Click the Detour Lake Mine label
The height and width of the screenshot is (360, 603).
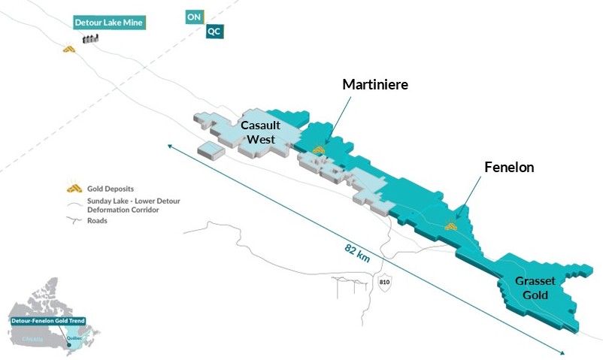pyautogui.click(x=109, y=23)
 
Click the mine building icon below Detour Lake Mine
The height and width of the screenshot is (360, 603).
pyautogui.click(x=91, y=39)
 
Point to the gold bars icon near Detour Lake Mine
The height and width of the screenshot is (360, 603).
pyautogui.click(x=69, y=50)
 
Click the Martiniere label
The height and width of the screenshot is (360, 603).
pyautogui.click(x=375, y=85)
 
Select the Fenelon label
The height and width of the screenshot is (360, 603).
pyautogui.click(x=509, y=168)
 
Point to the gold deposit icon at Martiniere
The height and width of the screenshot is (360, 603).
pyautogui.click(x=320, y=150)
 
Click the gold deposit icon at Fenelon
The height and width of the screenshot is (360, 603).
pyautogui.click(x=451, y=224)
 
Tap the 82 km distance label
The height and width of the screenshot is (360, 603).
pyautogui.click(x=359, y=250)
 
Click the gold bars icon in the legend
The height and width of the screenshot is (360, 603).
pyautogui.click(x=74, y=188)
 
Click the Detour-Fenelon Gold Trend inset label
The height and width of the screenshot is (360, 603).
pyautogui.click(x=48, y=321)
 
